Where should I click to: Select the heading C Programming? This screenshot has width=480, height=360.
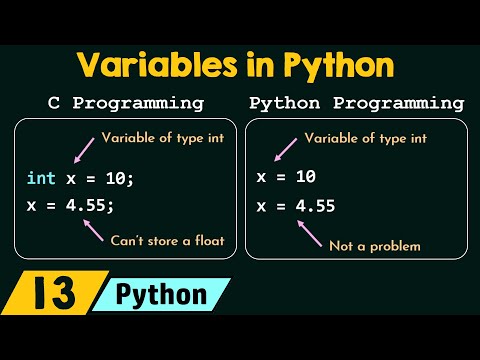[126, 103]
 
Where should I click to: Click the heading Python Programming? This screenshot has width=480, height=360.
[356, 103]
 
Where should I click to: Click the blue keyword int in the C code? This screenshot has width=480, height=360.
[41, 178]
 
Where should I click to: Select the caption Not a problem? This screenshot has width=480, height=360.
[376, 245]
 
